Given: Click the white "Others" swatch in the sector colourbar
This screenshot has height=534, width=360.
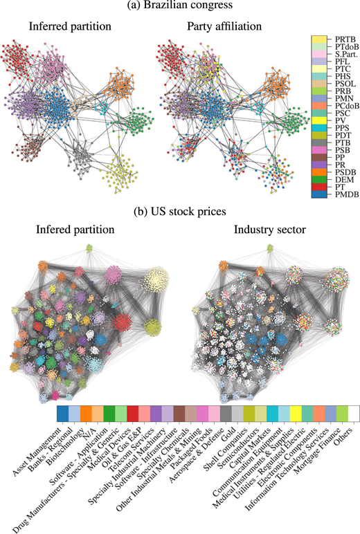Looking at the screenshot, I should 342,414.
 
